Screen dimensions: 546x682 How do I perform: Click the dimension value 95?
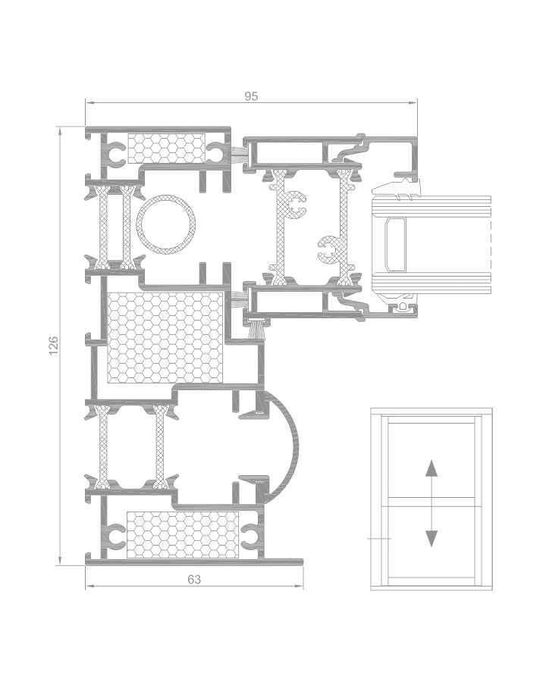(x=251, y=96)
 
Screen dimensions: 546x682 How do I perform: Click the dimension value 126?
(x=53, y=346)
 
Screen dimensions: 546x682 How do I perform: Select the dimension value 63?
(x=194, y=580)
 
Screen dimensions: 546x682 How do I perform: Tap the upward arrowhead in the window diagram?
(x=431, y=468)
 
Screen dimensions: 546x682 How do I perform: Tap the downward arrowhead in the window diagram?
(x=431, y=539)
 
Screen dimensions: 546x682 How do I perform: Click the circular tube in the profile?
(x=166, y=225)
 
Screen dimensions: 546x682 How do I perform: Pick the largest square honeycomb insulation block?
(x=165, y=337)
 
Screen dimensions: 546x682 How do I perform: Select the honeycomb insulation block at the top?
(x=166, y=149)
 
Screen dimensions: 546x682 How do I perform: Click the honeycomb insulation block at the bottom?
(x=183, y=534)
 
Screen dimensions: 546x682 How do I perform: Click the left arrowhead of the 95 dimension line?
(x=89, y=103)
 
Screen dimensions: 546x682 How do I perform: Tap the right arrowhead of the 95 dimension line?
(x=413, y=103)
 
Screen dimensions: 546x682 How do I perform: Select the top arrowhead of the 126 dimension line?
(x=60, y=131)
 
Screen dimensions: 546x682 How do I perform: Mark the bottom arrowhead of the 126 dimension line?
(x=60, y=561)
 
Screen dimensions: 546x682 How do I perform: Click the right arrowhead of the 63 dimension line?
(x=299, y=587)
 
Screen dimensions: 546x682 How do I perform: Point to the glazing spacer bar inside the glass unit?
(x=395, y=245)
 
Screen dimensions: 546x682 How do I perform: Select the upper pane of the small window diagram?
(x=431, y=460)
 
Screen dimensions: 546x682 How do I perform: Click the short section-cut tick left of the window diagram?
(x=379, y=539)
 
